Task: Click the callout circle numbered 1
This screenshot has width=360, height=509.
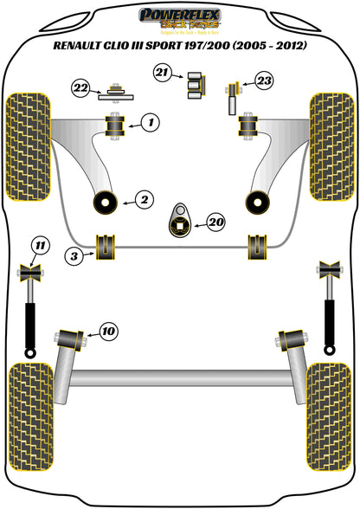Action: pos(151,124)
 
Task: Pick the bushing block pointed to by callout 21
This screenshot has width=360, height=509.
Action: pos(196,84)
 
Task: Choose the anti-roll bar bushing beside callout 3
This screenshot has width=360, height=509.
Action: pos(106,246)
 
